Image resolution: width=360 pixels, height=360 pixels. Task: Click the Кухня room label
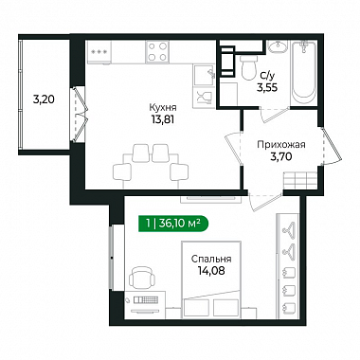pos(163,108)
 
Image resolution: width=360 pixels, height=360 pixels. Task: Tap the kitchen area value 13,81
pos(163,119)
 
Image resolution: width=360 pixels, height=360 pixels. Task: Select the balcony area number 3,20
pos(44,99)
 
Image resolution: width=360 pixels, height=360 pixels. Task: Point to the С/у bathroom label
pos(267,76)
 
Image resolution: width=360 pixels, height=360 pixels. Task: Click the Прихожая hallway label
pos(281,145)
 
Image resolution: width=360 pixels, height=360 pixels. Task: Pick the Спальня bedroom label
pos(211,259)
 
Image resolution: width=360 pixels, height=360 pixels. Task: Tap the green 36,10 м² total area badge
pos(173,224)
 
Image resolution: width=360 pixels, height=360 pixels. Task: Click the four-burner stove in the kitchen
pos(157,52)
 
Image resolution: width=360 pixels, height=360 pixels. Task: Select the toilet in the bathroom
pos(249,67)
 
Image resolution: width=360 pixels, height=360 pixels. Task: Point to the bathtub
pos(304,72)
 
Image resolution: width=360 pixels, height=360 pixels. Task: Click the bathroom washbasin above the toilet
pos(278,46)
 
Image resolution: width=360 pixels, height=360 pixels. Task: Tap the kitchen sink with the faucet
pos(204,75)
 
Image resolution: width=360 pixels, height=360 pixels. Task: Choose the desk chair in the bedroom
pos(142,278)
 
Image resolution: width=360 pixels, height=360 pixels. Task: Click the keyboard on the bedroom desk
pos(147,299)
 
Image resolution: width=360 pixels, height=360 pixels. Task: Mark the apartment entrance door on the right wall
pos(331,146)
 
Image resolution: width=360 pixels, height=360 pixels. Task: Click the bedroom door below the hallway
pos(264,201)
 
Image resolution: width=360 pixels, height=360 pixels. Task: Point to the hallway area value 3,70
pos(281,156)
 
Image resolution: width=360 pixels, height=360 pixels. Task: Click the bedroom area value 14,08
pos(211,271)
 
